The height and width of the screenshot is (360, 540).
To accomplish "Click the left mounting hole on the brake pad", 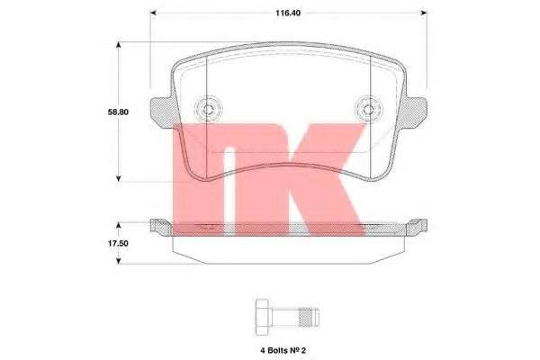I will tap(208, 110).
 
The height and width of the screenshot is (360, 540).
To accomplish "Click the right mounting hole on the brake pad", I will tap(368, 110).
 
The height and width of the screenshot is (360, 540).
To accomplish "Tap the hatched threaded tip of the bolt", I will tap(308, 316).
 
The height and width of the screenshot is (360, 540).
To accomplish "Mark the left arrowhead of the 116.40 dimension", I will tap(152, 13).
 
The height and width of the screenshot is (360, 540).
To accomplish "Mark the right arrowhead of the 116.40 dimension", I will tap(424, 13).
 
